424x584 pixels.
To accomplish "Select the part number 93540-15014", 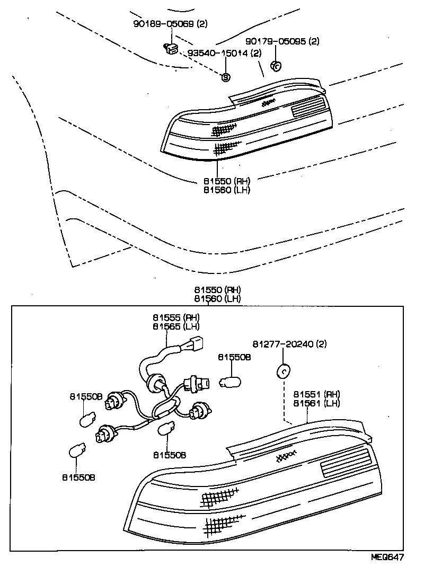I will (218, 53).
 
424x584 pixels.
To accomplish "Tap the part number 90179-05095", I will (276, 41).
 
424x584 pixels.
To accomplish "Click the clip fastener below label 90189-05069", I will (171, 49).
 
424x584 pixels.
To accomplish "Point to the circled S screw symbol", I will (225, 77).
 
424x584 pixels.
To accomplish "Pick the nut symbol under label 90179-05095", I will (276, 66).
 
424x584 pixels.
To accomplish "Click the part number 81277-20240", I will (284, 344).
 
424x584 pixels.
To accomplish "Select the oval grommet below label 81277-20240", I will (284, 371).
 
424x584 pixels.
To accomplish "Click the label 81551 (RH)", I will (316, 394).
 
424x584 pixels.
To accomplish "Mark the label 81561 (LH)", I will (316, 403).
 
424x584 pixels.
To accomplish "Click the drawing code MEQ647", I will (386, 558).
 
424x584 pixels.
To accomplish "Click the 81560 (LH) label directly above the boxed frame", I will (217, 299).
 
